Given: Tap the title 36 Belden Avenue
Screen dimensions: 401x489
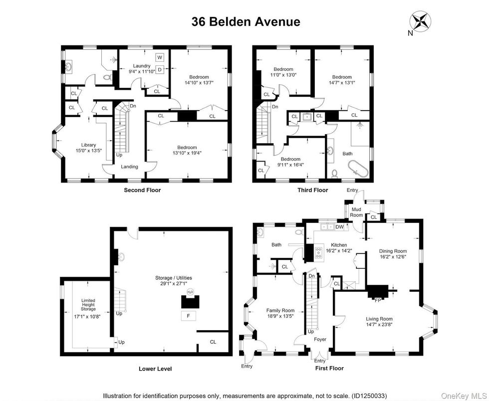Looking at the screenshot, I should point(246,22).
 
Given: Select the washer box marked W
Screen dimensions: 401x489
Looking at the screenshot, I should point(160,57).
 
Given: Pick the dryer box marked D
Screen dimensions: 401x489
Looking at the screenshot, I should point(160,70).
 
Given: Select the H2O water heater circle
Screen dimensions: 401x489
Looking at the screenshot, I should point(190,292).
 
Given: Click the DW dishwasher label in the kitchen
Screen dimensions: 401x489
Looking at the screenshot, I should point(340,227).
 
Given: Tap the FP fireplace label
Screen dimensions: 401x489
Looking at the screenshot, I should point(378,300).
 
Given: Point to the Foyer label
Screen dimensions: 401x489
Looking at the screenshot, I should point(320,339).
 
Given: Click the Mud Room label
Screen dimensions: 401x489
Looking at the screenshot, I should point(356,212).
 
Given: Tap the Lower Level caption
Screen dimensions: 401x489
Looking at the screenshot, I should point(155,369).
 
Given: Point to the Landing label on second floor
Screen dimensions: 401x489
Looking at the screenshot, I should point(129,167).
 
